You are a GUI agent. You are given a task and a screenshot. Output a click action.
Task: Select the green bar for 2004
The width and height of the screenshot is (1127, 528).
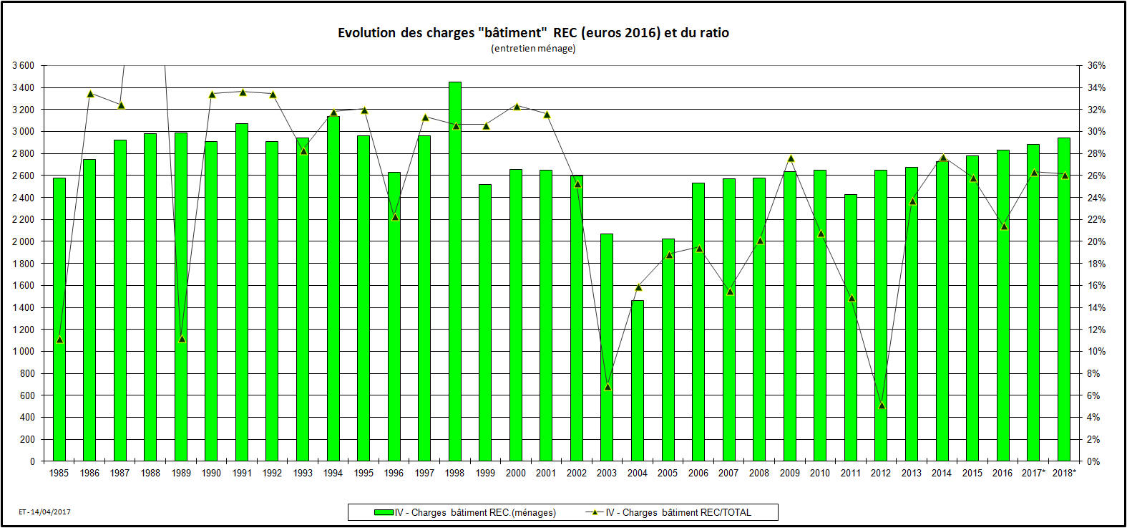click(x=638, y=380)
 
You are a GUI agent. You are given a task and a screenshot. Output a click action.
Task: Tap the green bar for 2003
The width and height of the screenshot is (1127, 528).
click(x=607, y=347)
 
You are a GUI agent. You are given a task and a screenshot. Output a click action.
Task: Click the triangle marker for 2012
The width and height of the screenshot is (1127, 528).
click(x=882, y=405)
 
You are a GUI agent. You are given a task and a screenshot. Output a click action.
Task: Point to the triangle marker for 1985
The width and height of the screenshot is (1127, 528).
click(x=59, y=340)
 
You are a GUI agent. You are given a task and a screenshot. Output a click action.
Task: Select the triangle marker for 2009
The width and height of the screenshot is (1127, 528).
click(x=791, y=158)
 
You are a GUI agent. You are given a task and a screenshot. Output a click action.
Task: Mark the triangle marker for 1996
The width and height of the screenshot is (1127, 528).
click(x=395, y=217)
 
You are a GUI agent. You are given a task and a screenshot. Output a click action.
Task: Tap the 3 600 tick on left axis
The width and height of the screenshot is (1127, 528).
click(x=23, y=66)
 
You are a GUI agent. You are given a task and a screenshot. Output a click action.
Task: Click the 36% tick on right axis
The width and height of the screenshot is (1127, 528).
click(x=1096, y=66)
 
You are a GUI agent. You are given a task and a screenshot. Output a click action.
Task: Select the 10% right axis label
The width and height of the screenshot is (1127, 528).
click(x=1096, y=352)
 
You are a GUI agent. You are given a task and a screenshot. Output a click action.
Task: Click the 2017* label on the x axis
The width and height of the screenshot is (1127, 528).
click(x=1033, y=473)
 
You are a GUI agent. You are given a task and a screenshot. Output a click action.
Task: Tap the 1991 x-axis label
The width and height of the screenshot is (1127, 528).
click(x=242, y=473)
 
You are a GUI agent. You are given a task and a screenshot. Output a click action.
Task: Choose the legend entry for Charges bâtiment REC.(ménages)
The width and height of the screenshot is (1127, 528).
click(x=465, y=512)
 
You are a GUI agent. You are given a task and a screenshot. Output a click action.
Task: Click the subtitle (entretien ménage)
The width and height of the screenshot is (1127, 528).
click(x=533, y=49)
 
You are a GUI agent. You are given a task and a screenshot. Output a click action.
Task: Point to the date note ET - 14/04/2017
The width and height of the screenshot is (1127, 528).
click(x=44, y=512)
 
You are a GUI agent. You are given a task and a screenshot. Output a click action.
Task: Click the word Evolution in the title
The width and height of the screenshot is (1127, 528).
click(x=366, y=33)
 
